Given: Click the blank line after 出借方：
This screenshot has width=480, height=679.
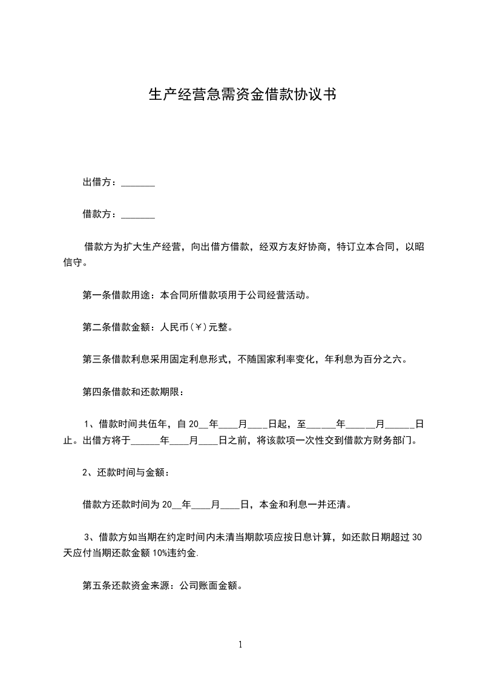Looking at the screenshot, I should pos(138,183).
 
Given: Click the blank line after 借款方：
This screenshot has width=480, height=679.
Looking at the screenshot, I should pos(138,214).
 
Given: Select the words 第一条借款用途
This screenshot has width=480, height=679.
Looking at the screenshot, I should pos(116,296).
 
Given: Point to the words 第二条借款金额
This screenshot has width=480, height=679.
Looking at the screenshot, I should pos(116,327).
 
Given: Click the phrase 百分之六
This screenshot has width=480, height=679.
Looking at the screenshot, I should pos(384,359).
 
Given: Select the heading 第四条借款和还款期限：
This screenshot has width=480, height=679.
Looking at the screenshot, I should pos(133,390).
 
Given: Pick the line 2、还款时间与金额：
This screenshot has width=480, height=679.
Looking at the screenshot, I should pos(125,472).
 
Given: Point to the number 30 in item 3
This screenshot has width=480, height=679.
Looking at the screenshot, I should pos(407,535).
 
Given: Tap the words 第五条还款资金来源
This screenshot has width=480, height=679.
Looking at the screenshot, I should pos(124,585).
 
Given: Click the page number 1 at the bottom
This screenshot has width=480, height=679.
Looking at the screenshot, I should pos(240,645).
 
